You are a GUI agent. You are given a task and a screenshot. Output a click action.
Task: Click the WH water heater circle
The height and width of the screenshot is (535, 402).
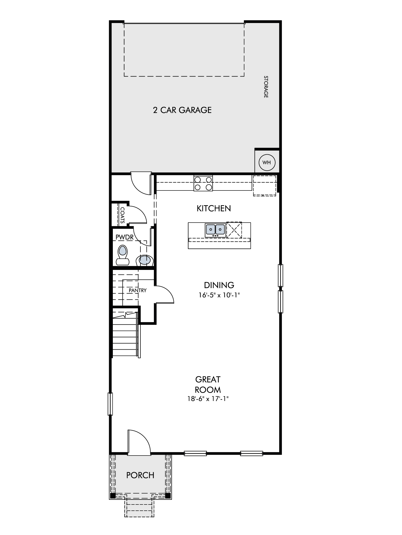tap(267, 162)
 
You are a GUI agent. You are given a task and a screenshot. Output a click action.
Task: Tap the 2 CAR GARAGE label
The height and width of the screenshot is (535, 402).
tap(182, 110)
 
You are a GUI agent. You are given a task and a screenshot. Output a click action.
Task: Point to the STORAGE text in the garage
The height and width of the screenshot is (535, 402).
tap(266, 87)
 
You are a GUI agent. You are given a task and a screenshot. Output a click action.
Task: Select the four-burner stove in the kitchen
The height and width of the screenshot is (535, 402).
tap(203, 183)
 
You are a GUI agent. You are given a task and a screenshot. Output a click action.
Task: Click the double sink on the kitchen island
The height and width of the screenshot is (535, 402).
tap(215, 230)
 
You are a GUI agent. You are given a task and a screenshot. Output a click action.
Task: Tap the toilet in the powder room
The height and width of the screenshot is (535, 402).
tap(123, 255)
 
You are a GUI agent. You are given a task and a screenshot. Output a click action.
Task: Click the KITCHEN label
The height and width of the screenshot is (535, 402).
tap(214, 208)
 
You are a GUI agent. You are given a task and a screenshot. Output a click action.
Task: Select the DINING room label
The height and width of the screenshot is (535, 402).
tap(219, 285)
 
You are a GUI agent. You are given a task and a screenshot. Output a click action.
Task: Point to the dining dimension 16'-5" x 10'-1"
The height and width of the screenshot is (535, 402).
tap(219, 295)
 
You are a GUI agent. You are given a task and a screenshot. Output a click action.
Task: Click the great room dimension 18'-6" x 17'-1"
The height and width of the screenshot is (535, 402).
tap(208, 399)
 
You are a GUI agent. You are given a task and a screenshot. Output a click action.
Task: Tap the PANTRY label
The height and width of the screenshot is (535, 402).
tap(137, 290)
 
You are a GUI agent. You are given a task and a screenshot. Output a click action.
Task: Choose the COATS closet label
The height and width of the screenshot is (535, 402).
tap(122, 215)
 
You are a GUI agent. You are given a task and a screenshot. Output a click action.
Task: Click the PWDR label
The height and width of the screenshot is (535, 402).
tap(124, 237)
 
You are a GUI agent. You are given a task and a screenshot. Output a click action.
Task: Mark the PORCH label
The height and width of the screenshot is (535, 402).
tap(140, 475)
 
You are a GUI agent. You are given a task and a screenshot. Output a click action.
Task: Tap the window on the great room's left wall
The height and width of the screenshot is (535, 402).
tap(110, 404)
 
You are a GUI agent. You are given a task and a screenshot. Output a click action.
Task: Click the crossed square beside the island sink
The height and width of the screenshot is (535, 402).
tap(234, 230)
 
